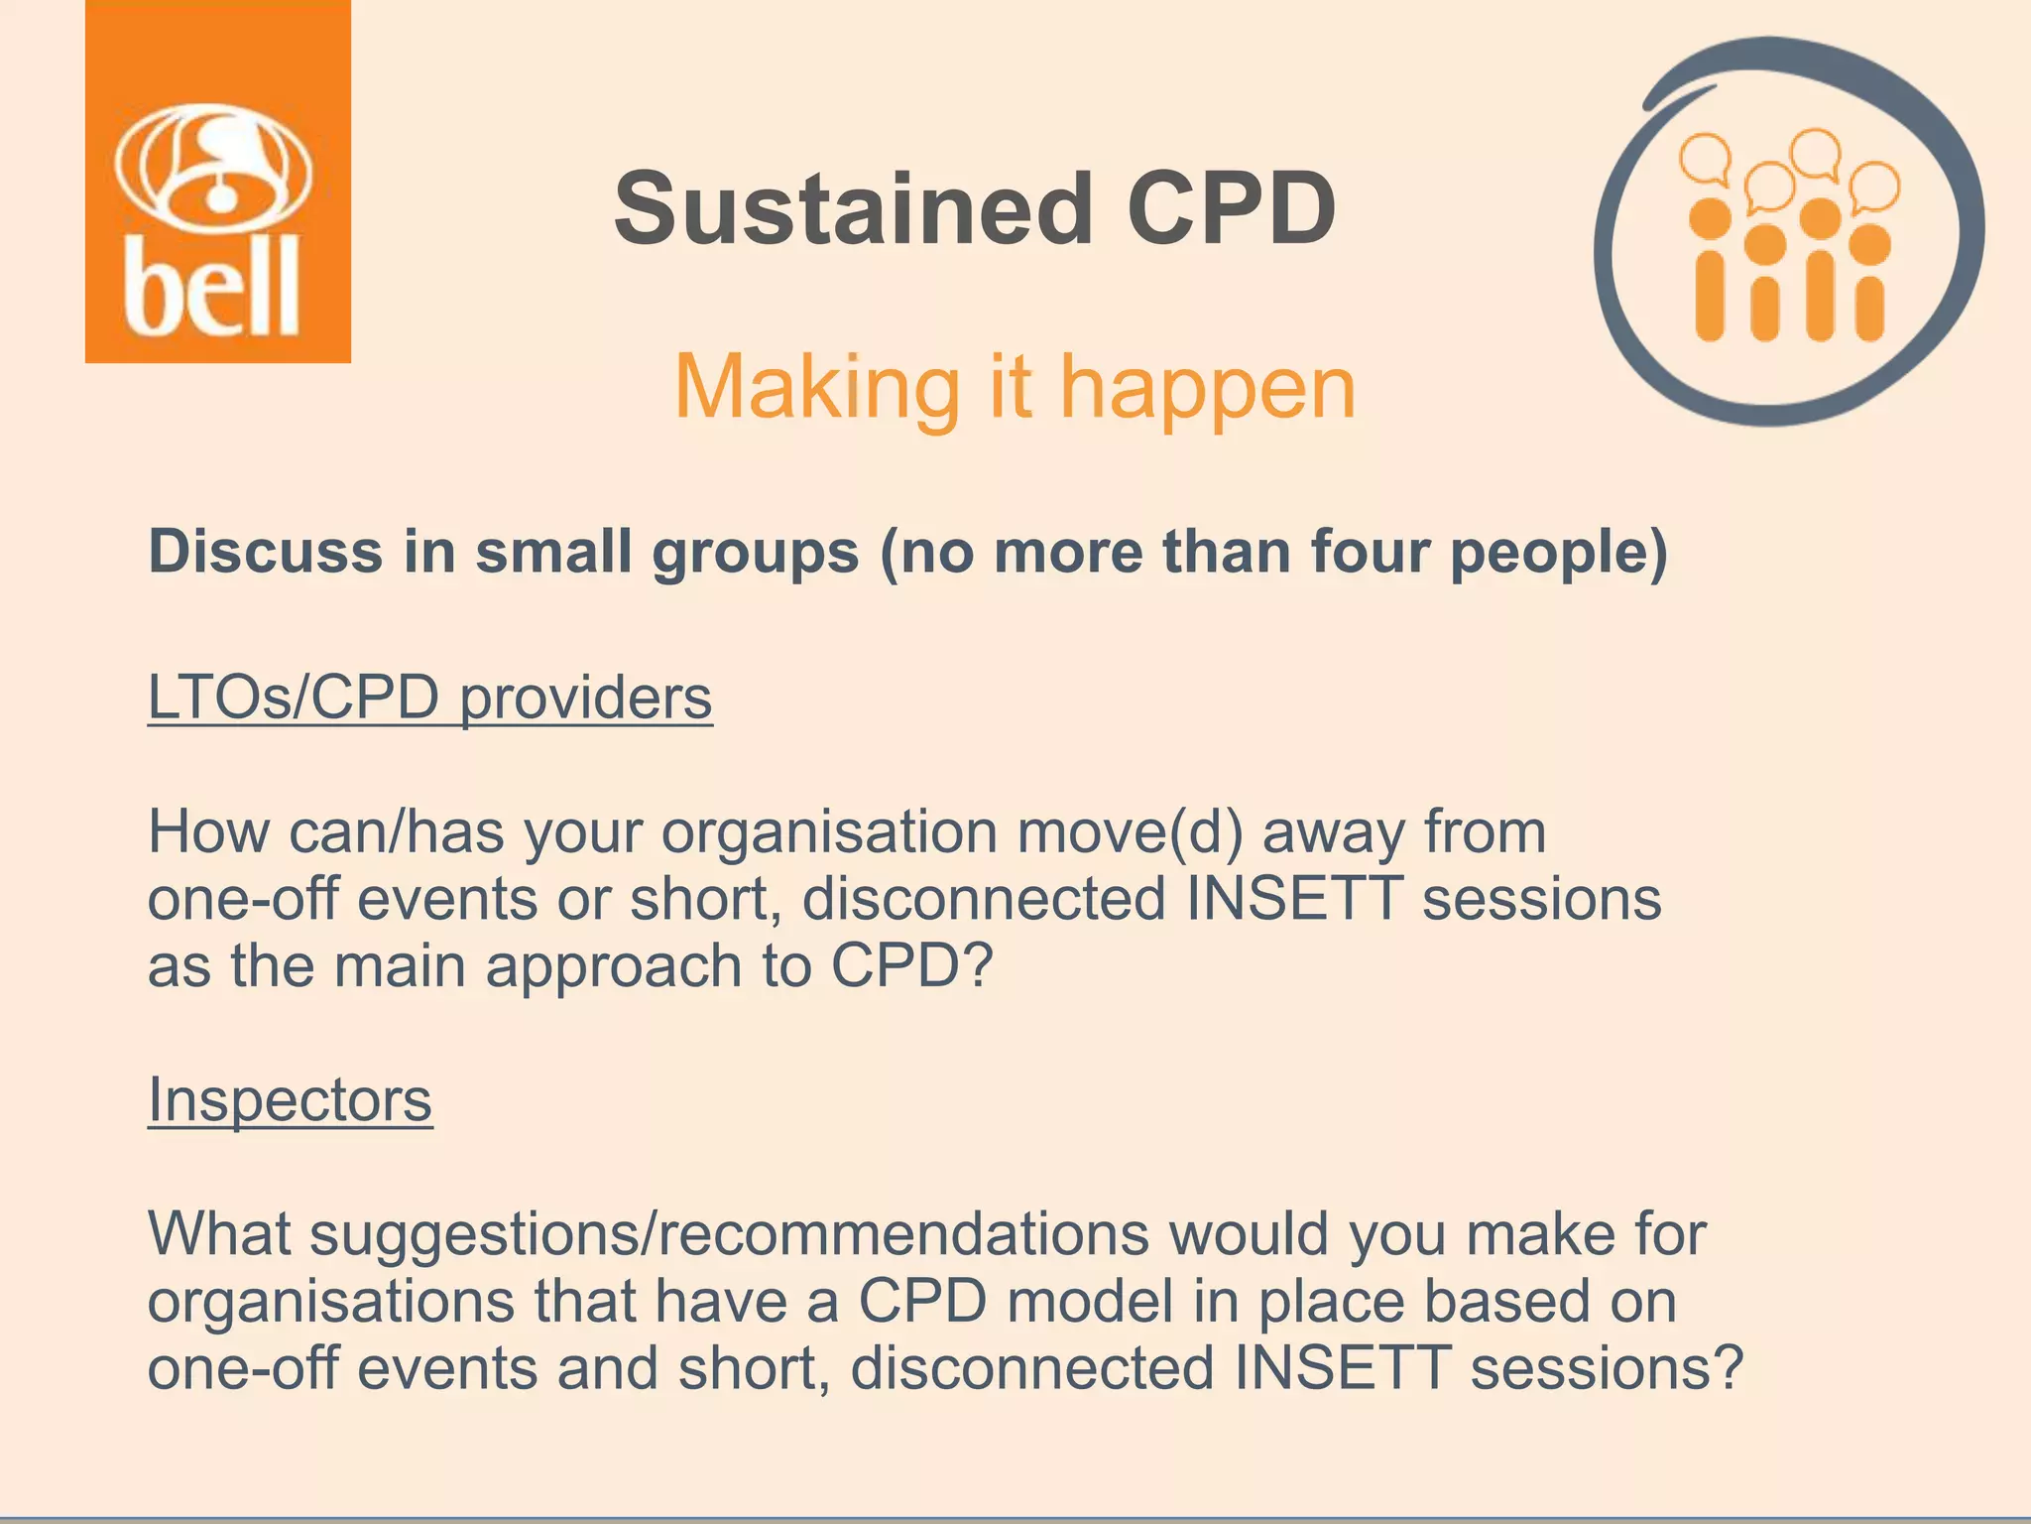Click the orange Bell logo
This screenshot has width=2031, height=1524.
pyautogui.click(x=217, y=182)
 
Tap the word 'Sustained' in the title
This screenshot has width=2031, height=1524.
pyautogui.click(x=852, y=209)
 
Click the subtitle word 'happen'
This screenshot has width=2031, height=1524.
pyautogui.click(x=1207, y=389)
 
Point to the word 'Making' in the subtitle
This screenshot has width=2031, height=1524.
pyautogui.click(x=816, y=389)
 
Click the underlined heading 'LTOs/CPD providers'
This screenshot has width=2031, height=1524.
pyautogui.click(x=429, y=698)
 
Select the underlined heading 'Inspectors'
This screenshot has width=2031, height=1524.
pyautogui.click(x=290, y=1100)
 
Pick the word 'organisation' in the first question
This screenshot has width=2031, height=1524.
pyautogui.click(x=829, y=832)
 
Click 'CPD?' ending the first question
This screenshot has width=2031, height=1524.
pyautogui.click(x=910, y=965)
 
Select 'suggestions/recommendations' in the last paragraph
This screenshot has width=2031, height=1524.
pyautogui.click(x=729, y=1235)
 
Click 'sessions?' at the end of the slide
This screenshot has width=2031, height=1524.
pyautogui.click(x=1606, y=1368)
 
